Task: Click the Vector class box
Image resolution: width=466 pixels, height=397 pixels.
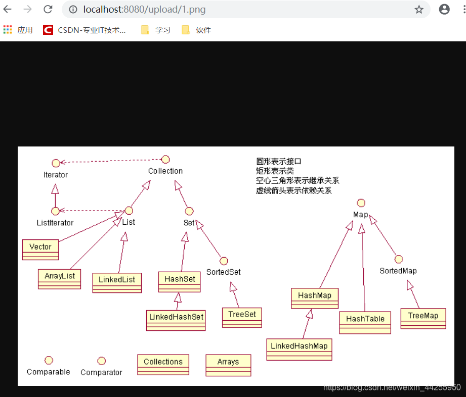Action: [x=40, y=249]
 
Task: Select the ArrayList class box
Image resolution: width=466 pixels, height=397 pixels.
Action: [x=59, y=278]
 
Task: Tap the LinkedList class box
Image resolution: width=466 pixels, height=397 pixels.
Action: [x=117, y=282]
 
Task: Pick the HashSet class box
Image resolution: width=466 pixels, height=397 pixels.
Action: [x=180, y=282]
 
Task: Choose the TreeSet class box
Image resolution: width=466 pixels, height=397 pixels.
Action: [x=242, y=317]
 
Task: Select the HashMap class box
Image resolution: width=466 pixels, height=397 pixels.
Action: [x=315, y=298]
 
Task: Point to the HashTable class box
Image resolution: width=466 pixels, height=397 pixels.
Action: [x=365, y=322]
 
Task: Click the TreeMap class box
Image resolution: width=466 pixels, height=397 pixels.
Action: [x=423, y=318]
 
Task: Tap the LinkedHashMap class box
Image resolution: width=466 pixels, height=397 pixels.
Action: [x=299, y=349]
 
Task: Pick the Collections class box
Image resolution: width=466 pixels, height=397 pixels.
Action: [x=163, y=364]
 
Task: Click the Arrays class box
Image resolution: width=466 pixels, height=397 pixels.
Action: [x=228, y=365]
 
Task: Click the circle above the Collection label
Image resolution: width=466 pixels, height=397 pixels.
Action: [x=165, y=160]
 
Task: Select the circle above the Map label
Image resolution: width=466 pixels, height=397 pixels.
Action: [x=361, y=203]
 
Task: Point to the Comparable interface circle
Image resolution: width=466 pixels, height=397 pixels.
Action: [x=49, y=360]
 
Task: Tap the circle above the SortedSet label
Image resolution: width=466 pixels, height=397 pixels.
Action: [x=224, y=261]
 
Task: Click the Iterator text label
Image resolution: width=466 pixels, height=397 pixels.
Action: [x=56, y=175]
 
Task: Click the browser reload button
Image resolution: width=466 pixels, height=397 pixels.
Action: [x=48, y=9]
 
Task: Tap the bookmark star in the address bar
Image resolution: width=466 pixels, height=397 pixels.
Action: [x=419, y=9]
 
